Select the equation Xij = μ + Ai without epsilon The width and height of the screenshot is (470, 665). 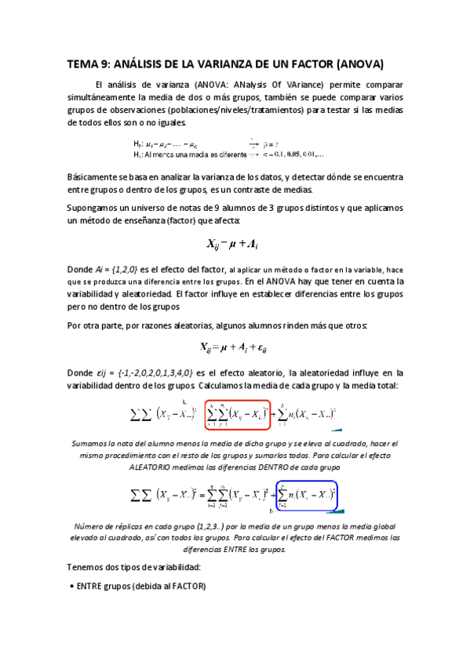(x=235, y=242)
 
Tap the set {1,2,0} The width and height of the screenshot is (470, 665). (x=122, y=269)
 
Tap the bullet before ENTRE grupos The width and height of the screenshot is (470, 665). (x=72, y=585)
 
